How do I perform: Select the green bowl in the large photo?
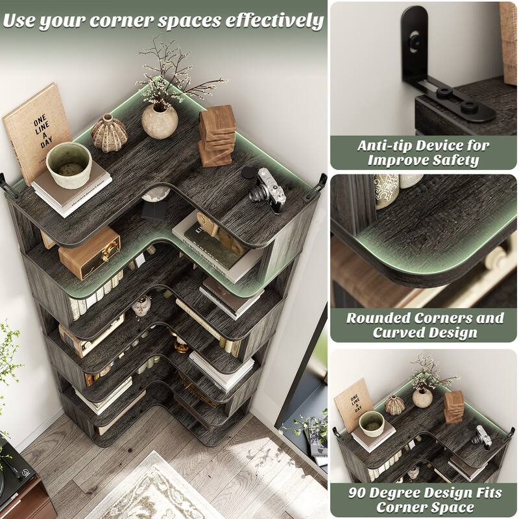tap(69, 165)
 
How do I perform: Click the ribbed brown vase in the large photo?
tap(109, 133)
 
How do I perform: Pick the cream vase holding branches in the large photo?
tap(160, 120)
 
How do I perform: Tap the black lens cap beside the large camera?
tap(249, 173)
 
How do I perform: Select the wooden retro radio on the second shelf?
tap(90, 252)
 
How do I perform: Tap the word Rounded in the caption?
tap(376, 318)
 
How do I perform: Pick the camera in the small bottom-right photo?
tap(481, 435)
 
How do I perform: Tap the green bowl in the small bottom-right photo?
tap(371, 422)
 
